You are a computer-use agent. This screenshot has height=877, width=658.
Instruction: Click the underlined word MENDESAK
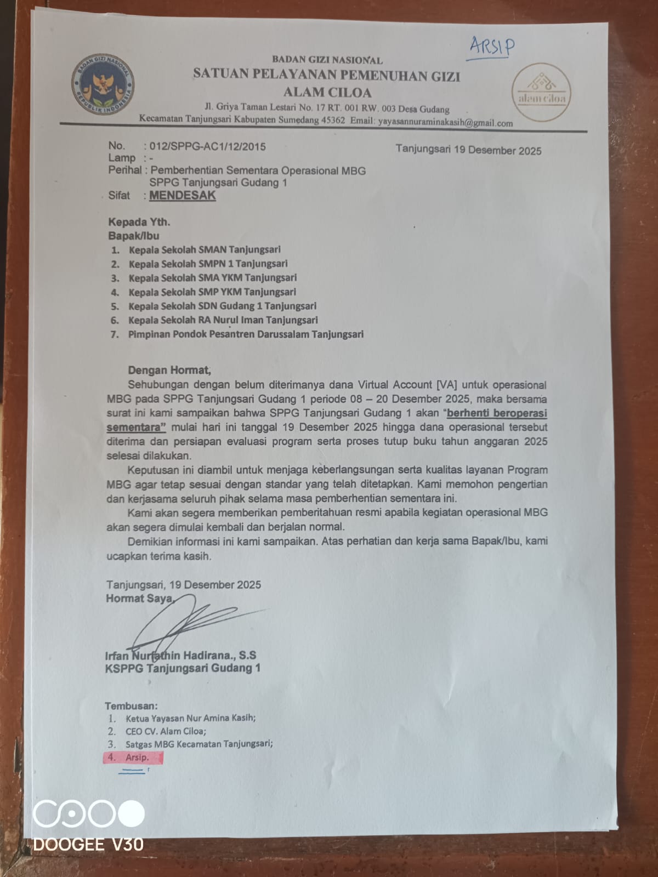183,196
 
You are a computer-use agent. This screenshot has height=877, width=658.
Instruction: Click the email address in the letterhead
445,123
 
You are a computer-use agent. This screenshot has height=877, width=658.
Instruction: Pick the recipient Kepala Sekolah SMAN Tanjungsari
205,249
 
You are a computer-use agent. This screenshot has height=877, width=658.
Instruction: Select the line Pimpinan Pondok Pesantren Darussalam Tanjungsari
246,334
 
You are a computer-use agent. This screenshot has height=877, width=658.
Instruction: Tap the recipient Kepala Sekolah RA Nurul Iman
223,320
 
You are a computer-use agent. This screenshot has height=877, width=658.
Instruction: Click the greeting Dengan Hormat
169,371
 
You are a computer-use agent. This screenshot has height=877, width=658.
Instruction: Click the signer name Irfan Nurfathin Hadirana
180,656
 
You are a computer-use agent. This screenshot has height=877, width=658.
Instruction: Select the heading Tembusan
131,706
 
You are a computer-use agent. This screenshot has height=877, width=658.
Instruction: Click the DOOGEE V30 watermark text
88,845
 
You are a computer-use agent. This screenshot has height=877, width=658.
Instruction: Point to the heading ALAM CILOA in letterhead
327,92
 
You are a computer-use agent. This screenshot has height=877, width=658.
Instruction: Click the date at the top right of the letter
468,150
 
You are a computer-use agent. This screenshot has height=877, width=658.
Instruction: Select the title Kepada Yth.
139,222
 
